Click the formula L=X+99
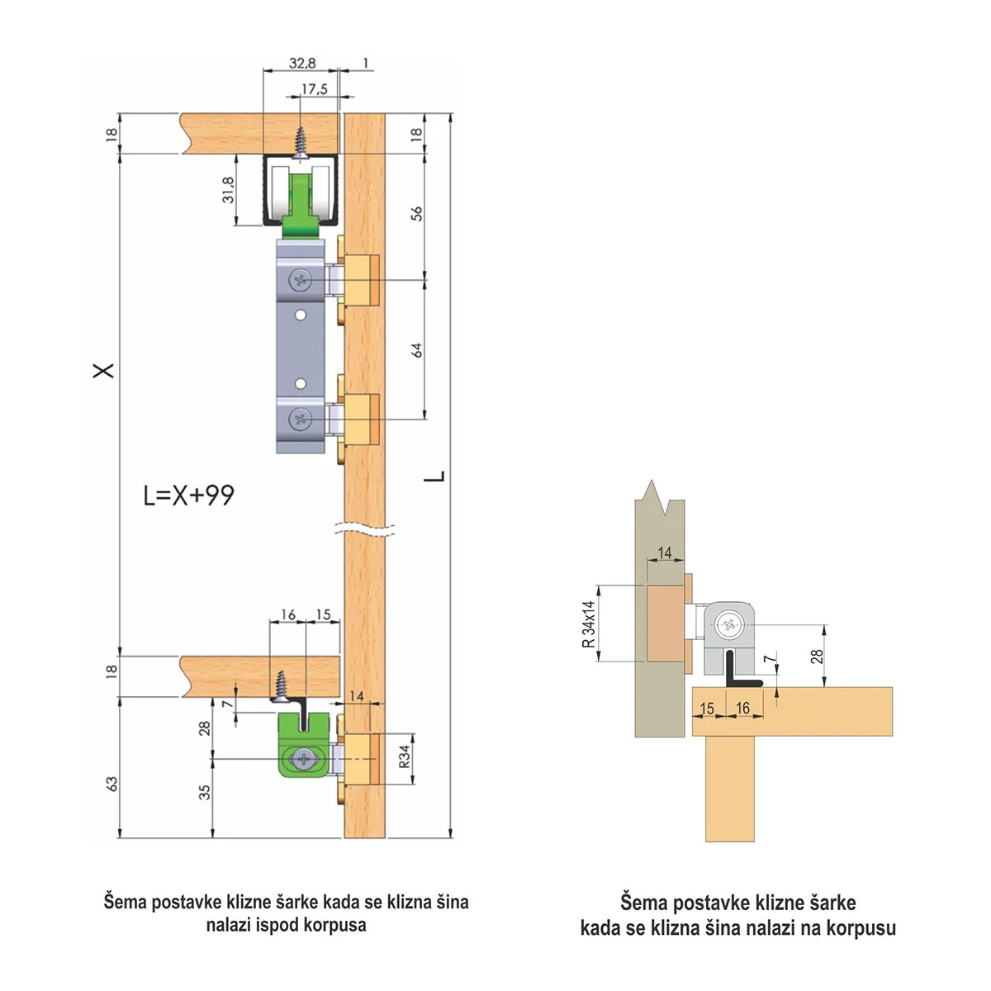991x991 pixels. coord(189,495)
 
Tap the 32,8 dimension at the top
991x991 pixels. coord(302,64)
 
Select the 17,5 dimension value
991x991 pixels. coord(314,89)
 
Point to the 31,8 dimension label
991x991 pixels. coord(228,190)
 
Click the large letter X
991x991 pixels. coord(103,370)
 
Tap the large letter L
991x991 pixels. coord(434,477)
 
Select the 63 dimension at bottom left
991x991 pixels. coord(111,784)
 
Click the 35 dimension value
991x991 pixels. coord(205,792)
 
